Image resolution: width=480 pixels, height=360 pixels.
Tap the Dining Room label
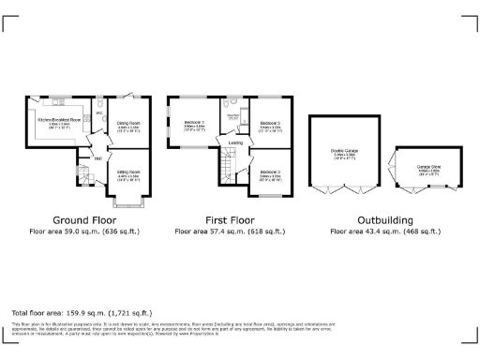[128, 123]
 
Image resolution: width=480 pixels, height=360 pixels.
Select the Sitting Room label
[128, 172]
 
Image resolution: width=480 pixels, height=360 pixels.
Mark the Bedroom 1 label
[194, 123]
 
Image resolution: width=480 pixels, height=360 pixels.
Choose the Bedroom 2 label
[271, 123]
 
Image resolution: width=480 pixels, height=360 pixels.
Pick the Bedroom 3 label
[271, 172]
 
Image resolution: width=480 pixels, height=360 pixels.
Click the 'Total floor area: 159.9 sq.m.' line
[81, 312]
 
